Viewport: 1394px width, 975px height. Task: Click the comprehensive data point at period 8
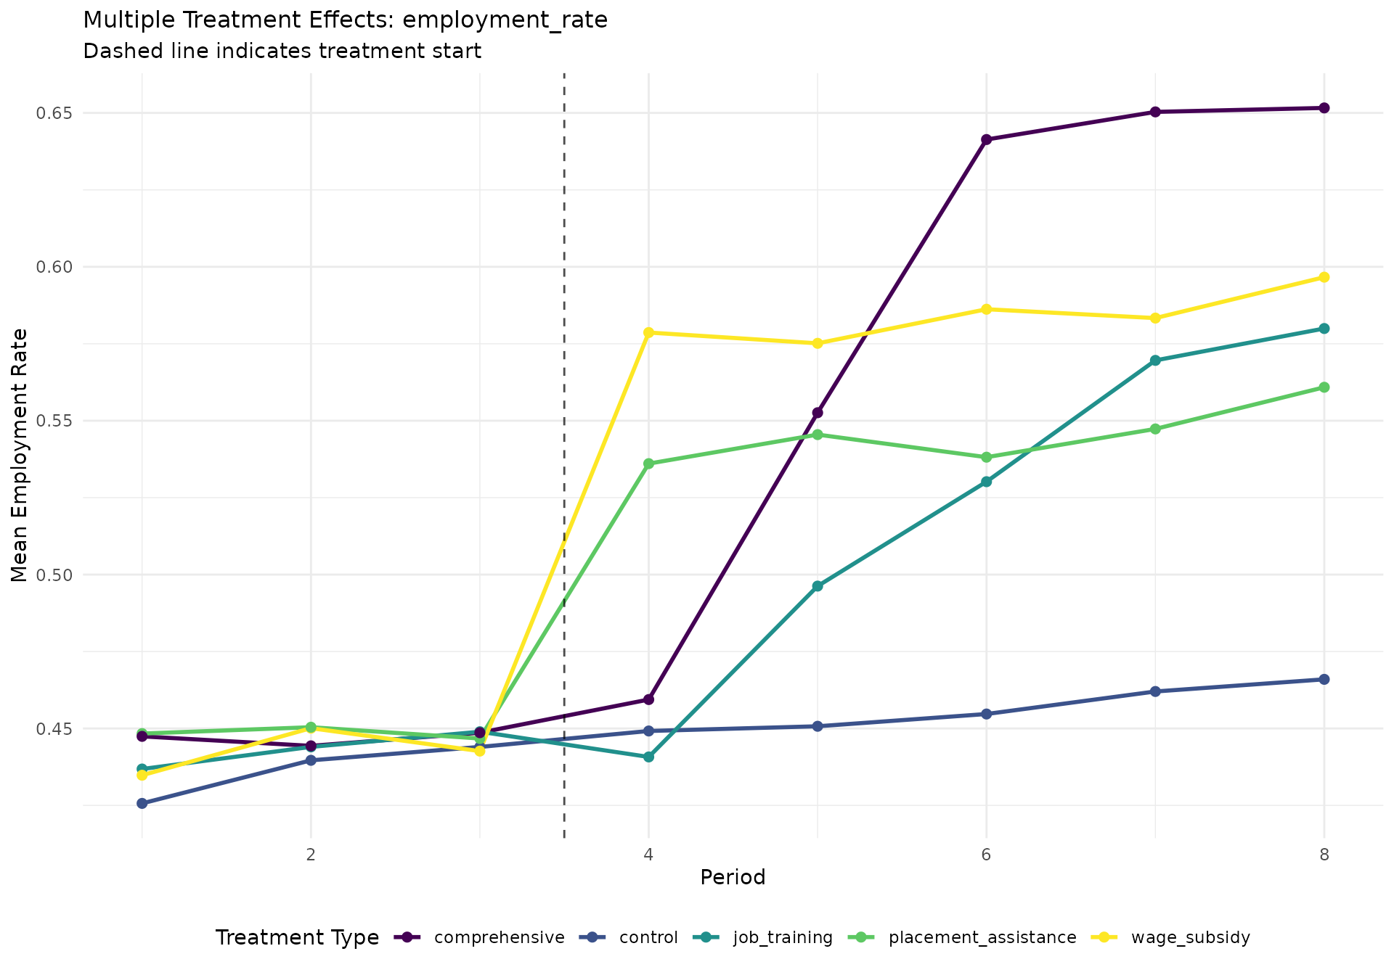1324,108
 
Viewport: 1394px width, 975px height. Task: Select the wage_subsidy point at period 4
648,332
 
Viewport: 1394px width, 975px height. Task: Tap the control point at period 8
1324,679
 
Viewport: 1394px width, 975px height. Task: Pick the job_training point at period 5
818,586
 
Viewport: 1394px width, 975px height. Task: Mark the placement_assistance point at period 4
648,464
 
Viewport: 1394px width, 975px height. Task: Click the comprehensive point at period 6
986,139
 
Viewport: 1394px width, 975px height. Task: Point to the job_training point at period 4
648,757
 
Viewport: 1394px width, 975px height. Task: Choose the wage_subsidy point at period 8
1324,277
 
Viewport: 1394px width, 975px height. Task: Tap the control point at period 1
142,803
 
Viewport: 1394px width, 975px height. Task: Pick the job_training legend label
783,937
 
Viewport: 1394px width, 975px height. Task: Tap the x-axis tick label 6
986,854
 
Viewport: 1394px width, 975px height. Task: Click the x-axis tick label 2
311,854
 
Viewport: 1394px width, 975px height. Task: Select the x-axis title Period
733,878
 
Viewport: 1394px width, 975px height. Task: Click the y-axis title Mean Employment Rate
20,455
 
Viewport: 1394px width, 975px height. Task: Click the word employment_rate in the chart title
505,20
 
